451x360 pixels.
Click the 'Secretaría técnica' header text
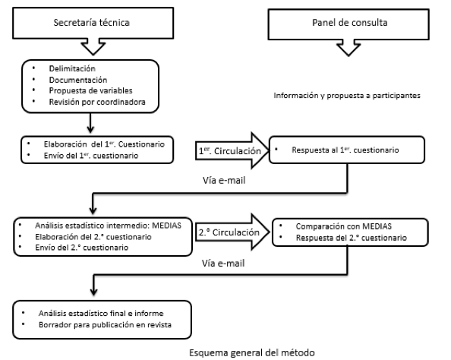click(91, 23)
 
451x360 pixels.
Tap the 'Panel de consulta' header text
click(350, 23)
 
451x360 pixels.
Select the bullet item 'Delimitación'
click(72, 68)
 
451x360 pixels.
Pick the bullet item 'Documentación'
click(78, 80)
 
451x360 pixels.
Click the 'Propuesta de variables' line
click(90, 90)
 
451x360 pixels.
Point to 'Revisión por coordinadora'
click(97, 102)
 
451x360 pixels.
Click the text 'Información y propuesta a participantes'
click(347, 96)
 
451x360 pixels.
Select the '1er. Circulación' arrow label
click(230, 150)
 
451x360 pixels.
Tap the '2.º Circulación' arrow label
click(229, 232)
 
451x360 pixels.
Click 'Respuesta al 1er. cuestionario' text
click(345, 150)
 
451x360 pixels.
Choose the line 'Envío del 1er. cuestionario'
click(91, 156)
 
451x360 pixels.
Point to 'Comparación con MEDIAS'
click(344, 226)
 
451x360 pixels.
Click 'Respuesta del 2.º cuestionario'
click(352, 238)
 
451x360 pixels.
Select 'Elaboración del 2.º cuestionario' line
click(93, 237)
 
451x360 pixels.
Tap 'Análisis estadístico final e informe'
click(101, 313)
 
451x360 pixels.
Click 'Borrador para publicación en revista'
click(105, 324)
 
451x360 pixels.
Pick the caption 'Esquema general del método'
click(252, 352)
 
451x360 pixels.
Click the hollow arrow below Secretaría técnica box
click(93, 46)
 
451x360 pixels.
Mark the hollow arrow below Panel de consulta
click(348, 48)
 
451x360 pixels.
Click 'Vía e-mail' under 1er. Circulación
click(224, 181)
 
